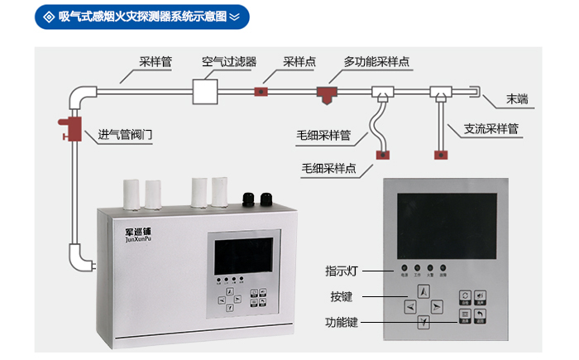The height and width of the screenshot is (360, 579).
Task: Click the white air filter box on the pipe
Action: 204,91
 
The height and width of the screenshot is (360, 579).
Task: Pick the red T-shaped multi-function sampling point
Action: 325,93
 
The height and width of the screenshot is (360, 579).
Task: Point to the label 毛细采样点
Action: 329,169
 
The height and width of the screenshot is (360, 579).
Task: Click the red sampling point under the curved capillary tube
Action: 383,153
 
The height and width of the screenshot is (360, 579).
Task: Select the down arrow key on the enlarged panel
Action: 423,323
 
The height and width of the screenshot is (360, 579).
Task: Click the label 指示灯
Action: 341,270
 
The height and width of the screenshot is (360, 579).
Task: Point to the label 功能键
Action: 342,322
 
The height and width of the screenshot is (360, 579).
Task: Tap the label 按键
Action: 342,295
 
